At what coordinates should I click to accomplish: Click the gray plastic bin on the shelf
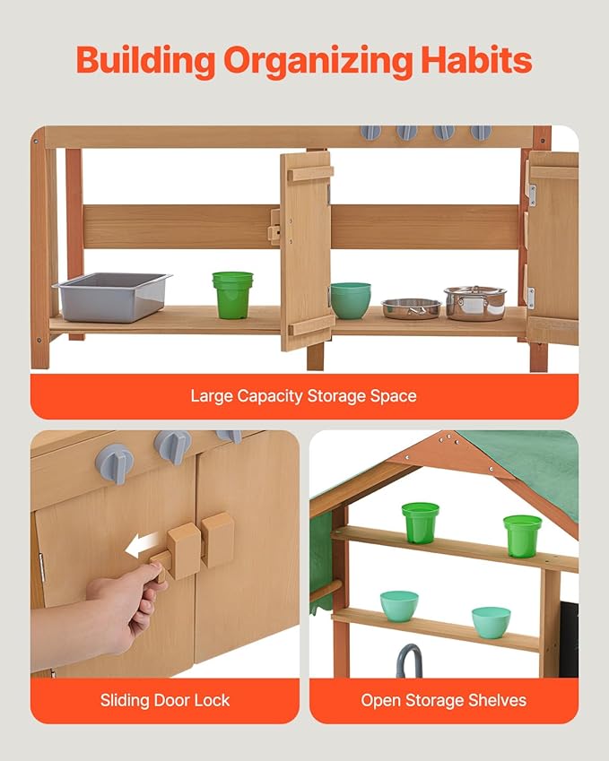pyautogui.click(x=112, y=296)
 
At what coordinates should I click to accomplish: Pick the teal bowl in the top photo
pyautogui.click(x=351, y=300)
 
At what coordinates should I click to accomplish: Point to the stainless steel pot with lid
pyautogui.click(x=474, y=303)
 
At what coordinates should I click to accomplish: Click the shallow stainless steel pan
pyautogui.click(x=412, y=308)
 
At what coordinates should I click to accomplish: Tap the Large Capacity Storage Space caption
pyautogui.click(x=303, y=395)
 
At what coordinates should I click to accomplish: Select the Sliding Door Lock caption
pyautogui.click(x=165, y=700)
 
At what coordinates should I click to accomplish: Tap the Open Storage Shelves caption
pyautogui.click(x=443, y=700)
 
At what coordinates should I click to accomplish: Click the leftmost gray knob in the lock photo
pyautogui.click(x=115, y=463)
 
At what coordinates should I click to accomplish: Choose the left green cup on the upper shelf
pyautogui.click(x=420, y=522)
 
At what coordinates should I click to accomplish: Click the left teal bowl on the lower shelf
pyautogui.click(x=399, y=605)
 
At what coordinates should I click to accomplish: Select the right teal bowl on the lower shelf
pyautogui.click(x=492, y=622)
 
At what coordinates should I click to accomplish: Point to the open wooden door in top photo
pyautogui.click(x=306, y=250)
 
